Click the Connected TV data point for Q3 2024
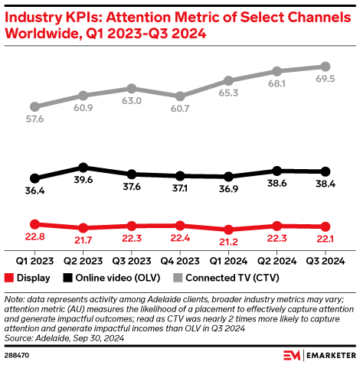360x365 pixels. coord(325,67)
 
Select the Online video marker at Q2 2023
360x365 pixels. coord(84,167)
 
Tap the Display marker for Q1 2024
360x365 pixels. coord(228,230)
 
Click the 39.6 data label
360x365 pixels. coord(84,180)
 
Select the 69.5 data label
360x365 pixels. coord(325,80)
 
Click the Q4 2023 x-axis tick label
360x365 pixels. coord(180,259)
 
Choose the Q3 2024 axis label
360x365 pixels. coord(325,259)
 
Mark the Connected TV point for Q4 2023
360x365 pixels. coord(180,96)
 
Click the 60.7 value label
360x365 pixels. coord(180,109)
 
